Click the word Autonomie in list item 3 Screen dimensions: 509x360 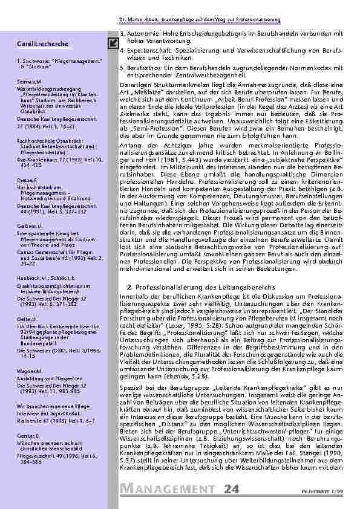[140, 32]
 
